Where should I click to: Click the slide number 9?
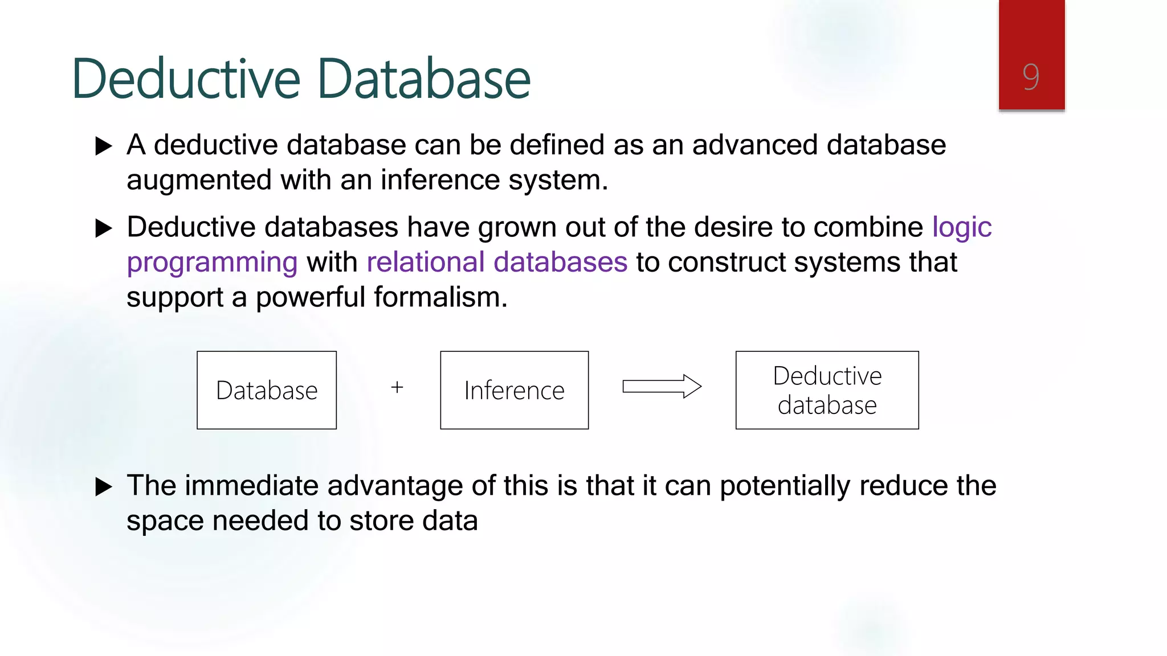[x=1031, y=77]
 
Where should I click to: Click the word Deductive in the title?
[x=186, y=79]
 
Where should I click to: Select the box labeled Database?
[x=267, y=390]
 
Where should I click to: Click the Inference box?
[x=514, y=390]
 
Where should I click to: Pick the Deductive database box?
[x=827, y=390]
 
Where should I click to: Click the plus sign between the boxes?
[x=397, y=388]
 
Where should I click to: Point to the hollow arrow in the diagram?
[x=662, y=387]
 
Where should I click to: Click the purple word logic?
[x=962, y=227]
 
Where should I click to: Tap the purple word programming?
[x=212, y=263]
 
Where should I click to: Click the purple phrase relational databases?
[x=497, y=263]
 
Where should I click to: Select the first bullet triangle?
[x=103, y=146]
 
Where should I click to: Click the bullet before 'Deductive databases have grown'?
[x=103, y=228]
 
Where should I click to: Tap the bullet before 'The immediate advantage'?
[x=103, y=487]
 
